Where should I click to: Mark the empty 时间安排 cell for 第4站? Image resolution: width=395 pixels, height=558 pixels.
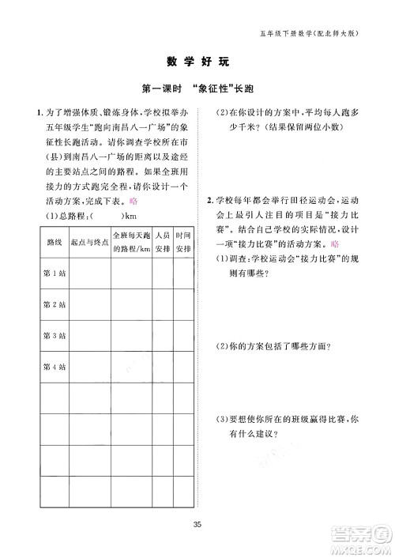click(183, 366)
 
